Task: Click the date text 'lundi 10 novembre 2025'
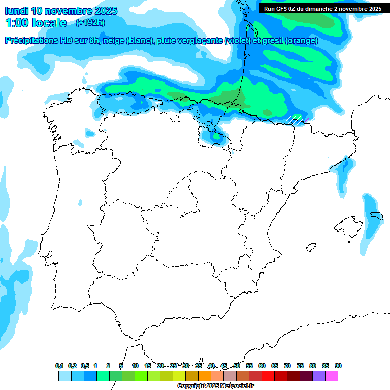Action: (61, 11)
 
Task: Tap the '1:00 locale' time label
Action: (36, 23)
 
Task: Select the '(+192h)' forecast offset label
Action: (91, 23)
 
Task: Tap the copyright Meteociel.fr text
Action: (216, 386)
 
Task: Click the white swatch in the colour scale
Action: (52, 376)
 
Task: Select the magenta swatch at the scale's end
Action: (332, 376)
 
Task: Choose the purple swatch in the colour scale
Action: (319, 376)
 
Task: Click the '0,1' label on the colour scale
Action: (59, 366)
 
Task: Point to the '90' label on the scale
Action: (338, 366)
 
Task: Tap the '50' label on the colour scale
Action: (237, 366)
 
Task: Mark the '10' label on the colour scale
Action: (135, 366)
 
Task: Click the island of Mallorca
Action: (347, 224)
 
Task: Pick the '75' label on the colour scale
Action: (300, 366)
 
